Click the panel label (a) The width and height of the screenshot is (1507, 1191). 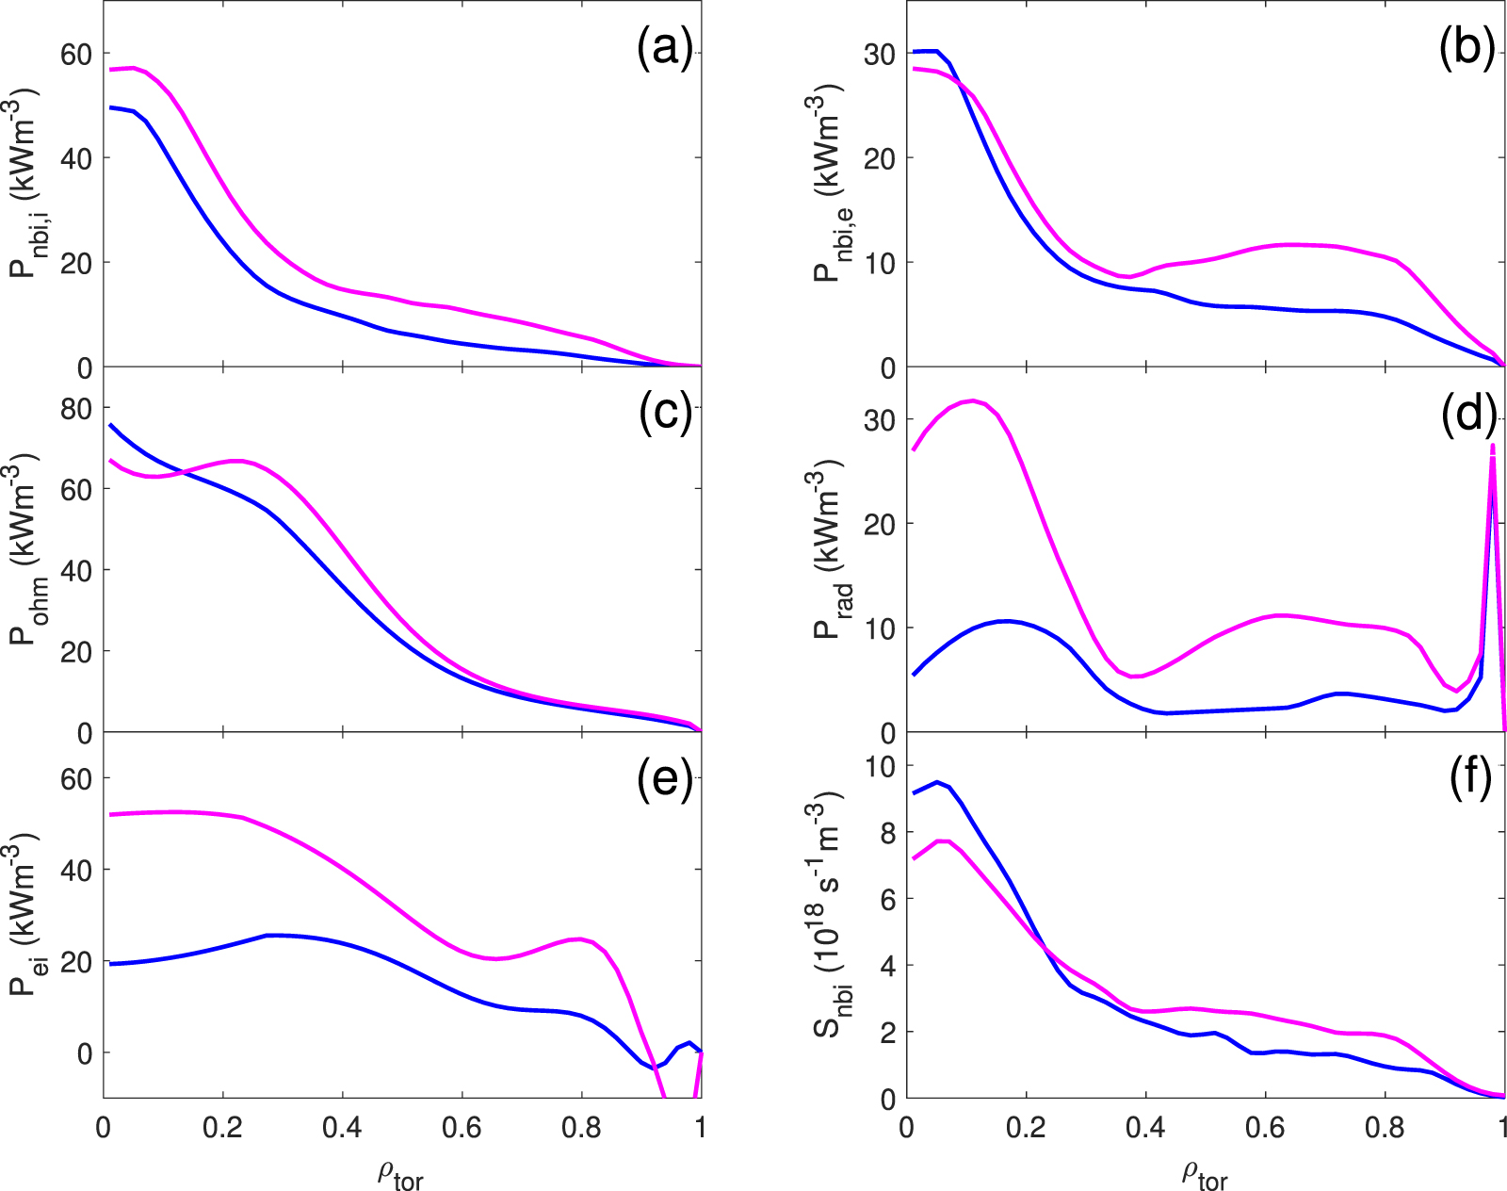(x=665, y=47)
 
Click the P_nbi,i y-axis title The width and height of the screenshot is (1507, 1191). (x=25, y=185)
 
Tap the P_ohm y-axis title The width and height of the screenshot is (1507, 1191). (x=25, y=551)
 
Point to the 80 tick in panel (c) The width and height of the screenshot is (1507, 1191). (x=77, y=408)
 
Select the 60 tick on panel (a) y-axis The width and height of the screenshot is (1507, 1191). (x=77, y=54)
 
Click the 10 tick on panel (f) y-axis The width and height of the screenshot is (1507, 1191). (x=881, y=765)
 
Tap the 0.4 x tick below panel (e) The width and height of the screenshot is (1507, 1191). (x=342, y=1128)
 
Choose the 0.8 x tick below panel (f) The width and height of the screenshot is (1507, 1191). (x=1385, y=1128)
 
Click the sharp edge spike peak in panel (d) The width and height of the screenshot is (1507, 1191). (x=1493, y=446)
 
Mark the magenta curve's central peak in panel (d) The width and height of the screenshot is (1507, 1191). (x=972, y=400)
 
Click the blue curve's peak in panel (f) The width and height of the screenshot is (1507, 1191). (x=936, y=782)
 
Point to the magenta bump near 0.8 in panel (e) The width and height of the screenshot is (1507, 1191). (x=579, y=938)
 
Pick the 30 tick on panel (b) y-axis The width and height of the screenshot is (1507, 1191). (x=881, y=54)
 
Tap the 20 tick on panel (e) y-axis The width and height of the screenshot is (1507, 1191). (x=77, y=961)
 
